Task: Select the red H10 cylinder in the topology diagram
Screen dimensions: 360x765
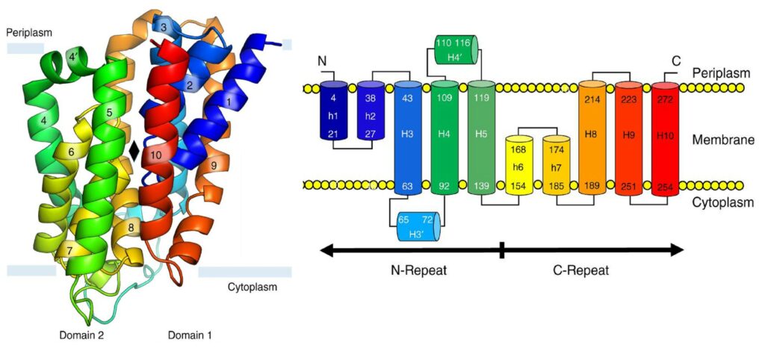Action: [x=666, y=139]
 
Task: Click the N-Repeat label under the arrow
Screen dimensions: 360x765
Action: [x=418, y=270]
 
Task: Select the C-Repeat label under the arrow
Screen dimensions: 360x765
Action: [x=582, y=270]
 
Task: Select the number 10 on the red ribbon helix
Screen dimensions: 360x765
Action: [x=155, y=155]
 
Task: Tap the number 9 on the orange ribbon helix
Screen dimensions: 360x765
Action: [x=214, y=166]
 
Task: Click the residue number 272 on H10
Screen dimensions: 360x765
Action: [x=665, y=99]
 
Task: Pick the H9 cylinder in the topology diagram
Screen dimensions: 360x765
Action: [x=629, y=138]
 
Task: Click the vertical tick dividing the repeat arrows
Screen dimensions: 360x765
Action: [x=502, y=249]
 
